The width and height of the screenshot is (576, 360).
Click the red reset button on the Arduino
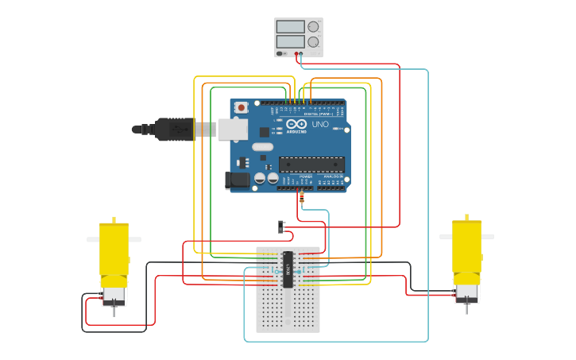point(241,107)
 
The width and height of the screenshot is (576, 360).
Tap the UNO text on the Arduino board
point(320,125)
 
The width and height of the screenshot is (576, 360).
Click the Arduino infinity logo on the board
point(297,125)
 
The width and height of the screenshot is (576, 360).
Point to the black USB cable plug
point(175,129)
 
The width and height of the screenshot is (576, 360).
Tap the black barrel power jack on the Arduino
point(237,180)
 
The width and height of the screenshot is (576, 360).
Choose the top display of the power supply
point(290,26)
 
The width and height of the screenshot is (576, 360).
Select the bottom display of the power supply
point(290,41)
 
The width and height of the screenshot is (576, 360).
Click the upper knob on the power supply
point(313,26)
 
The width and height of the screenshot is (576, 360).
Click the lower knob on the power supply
point(313,41)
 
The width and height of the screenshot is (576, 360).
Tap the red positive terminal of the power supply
point(296,54)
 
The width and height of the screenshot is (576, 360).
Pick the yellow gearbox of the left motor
point(114,250)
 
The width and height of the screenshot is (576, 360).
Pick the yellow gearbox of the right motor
point(466,246)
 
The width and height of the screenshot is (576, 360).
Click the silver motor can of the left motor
point(114,295)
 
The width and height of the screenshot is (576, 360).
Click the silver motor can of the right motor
point(466,292)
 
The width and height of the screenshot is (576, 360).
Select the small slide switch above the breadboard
point(281,226)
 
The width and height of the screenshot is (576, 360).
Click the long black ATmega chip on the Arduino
point(311,165)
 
